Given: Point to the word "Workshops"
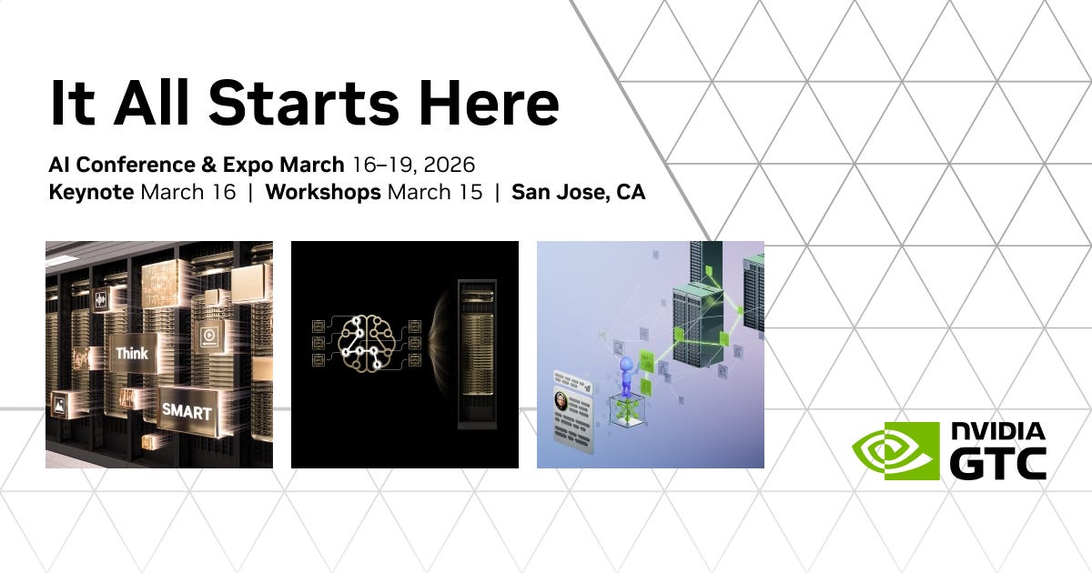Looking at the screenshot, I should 323,193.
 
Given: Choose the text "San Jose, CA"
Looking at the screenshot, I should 579,193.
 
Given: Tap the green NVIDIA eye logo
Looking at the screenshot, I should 895,450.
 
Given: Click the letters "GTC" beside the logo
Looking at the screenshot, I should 997,463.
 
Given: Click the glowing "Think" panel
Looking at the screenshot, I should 132,353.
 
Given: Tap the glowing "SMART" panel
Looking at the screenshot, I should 187,411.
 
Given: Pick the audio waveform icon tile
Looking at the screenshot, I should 100,297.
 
